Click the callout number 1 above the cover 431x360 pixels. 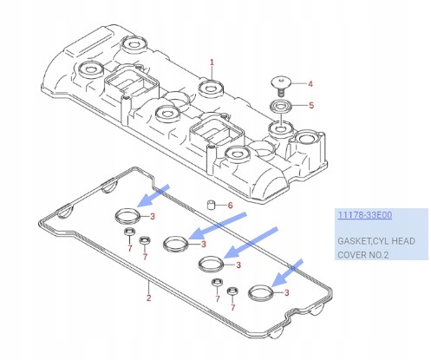click(x=211, y=62)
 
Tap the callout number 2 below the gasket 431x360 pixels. click(x=149, y=298)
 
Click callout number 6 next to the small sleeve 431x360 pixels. click(x=229, y=206)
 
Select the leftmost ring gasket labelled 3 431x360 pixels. click(x=127, y=216)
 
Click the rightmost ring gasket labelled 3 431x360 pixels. click(x=259, y=293)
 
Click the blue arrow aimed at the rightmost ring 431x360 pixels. click(x=289, y=271)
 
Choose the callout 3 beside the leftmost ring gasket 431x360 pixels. click(x=153, y=216)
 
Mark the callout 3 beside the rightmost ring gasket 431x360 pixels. click(x=286, y=293)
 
